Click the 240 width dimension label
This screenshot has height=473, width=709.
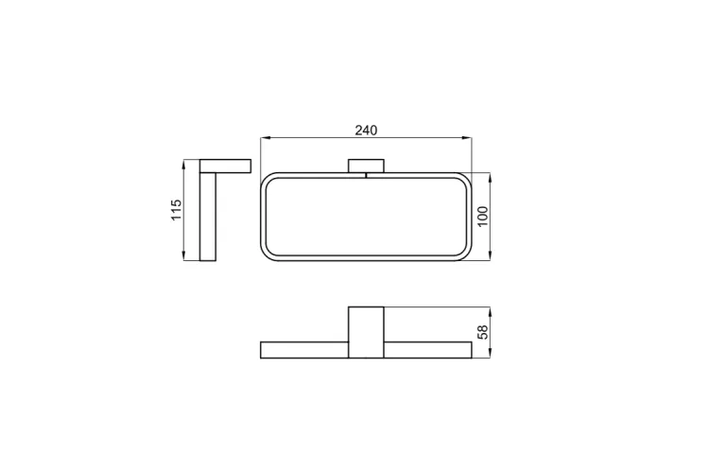[366, 131]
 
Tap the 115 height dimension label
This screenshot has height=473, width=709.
[176, 210]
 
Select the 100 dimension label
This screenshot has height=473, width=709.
[483, 217]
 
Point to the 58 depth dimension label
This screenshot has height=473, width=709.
[483, 332]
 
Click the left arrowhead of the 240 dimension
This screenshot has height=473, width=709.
[265, 137]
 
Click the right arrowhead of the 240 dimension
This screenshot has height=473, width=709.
[468, 137]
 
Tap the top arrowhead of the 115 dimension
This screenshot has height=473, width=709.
[183, 164]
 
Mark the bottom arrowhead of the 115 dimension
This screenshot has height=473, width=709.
[183, 256]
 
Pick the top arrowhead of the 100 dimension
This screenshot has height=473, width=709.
[491, 177]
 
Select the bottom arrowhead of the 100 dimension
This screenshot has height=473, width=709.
[491, 256]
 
